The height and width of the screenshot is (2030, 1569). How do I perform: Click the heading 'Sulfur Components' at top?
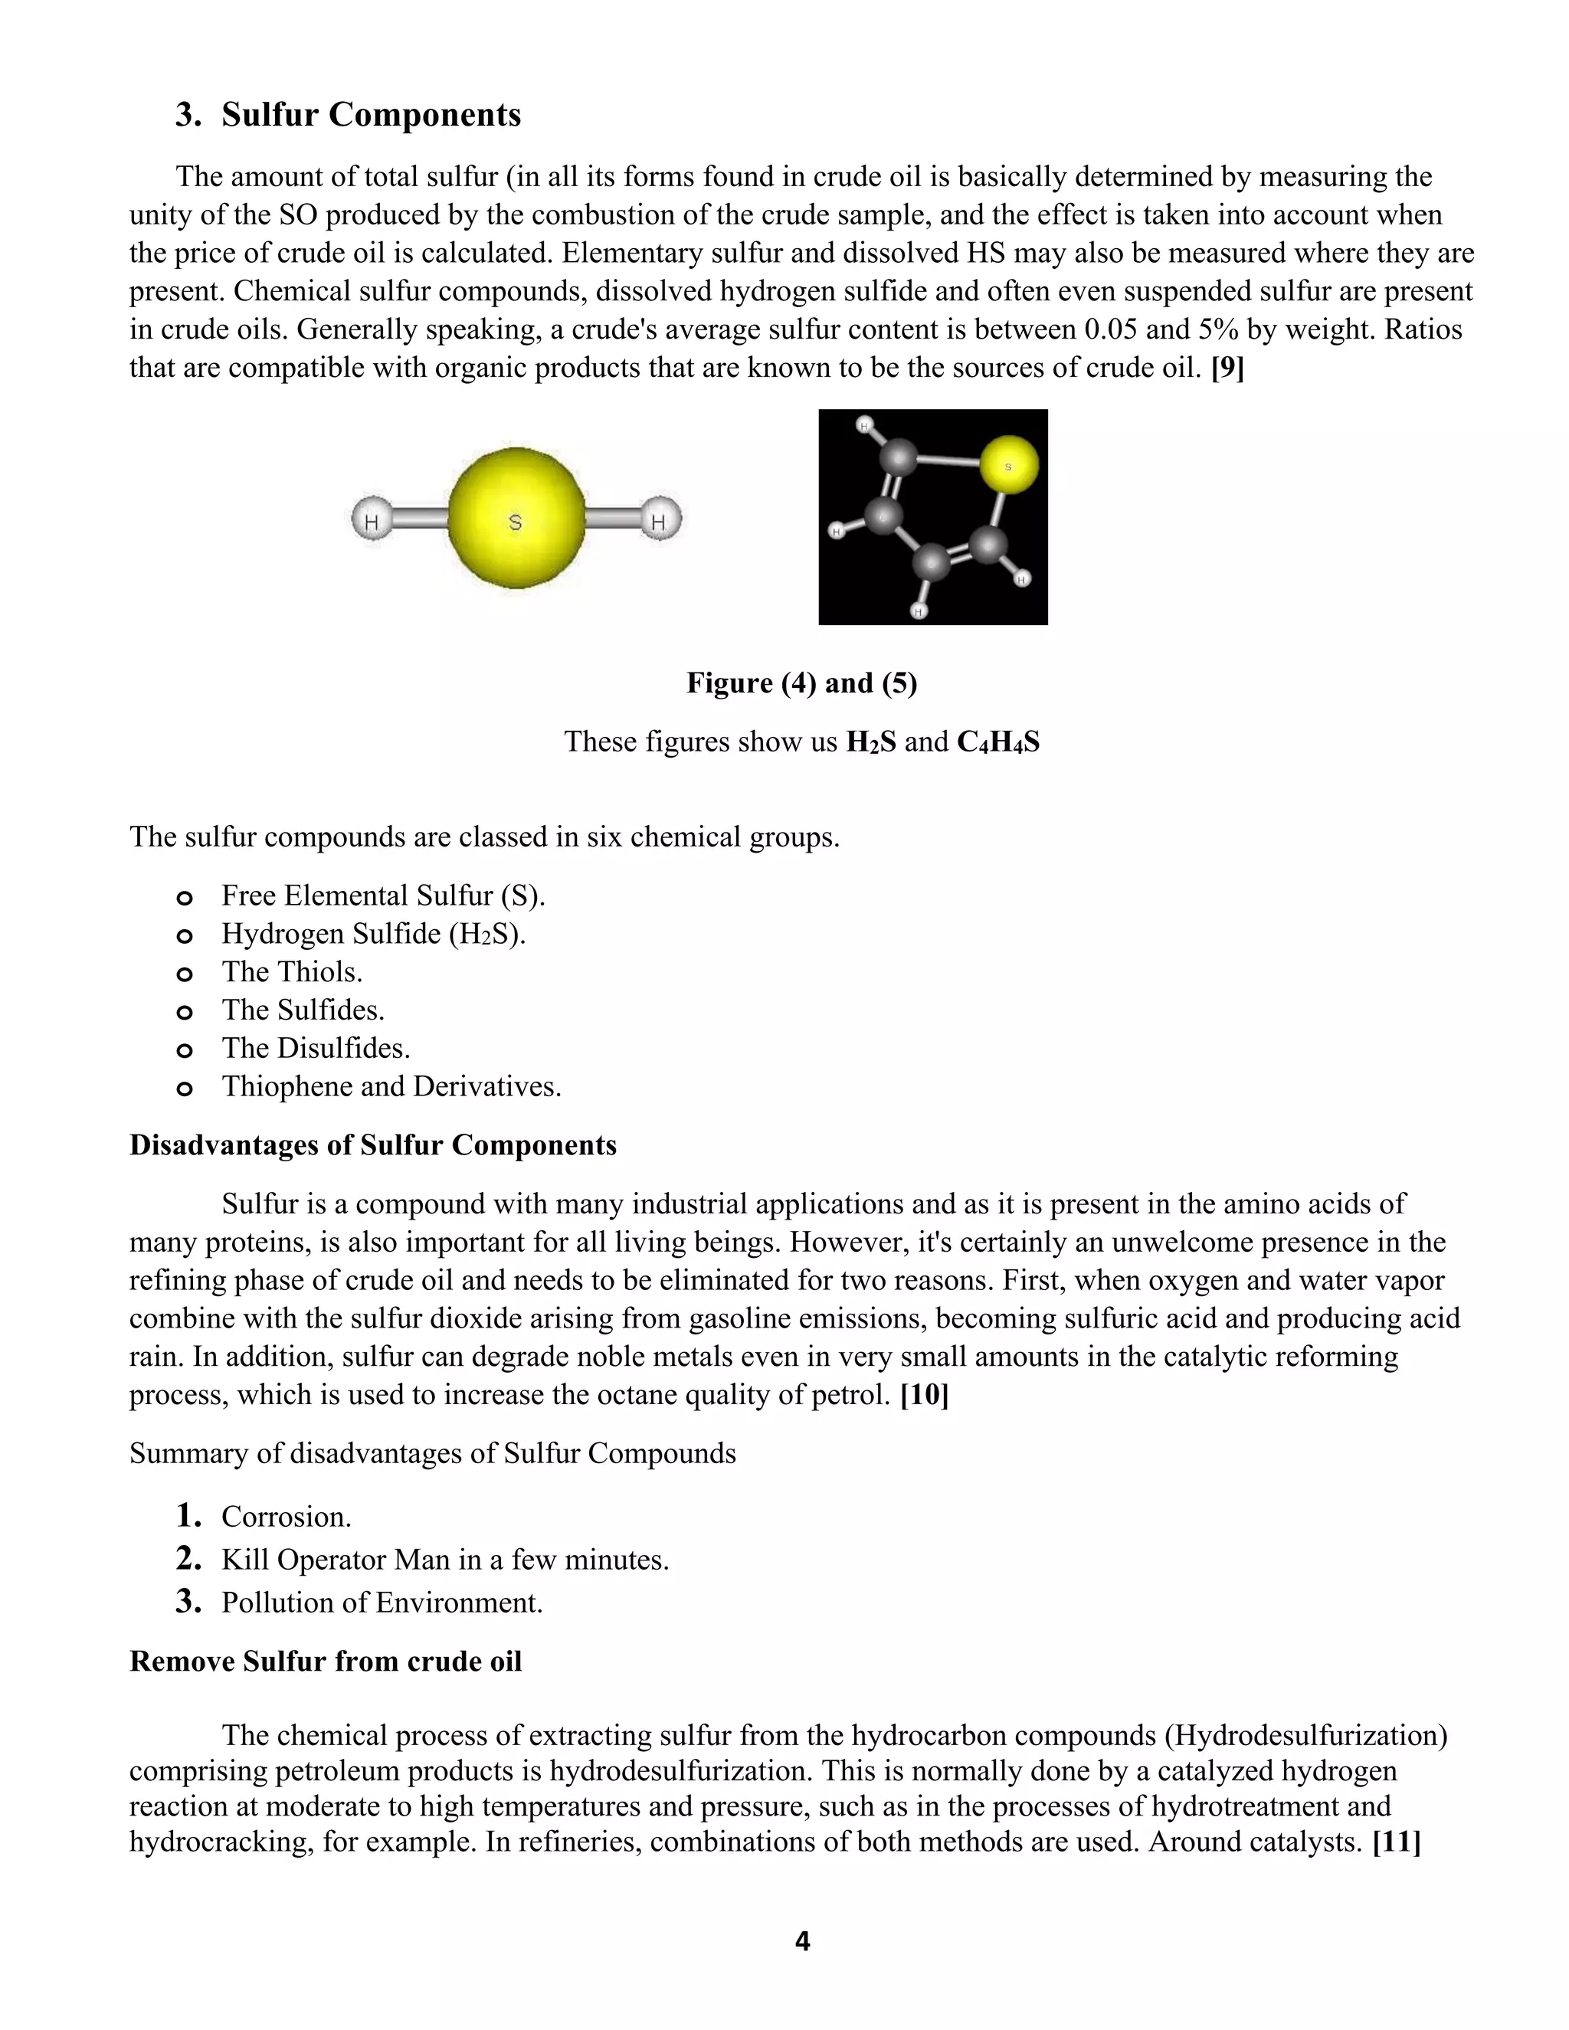tap(370, 114)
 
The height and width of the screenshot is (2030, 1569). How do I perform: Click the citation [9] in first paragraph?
tap(1227, 368)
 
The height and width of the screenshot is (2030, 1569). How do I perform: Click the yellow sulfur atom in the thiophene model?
tap(1008, 465)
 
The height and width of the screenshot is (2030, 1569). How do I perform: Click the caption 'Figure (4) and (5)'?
tap(801, 683)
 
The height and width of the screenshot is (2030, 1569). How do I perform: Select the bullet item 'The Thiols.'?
tap(292, 972)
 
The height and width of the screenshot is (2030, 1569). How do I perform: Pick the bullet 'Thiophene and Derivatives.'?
tap(391, 1086)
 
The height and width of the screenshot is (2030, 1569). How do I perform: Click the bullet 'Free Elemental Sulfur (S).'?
tap(383, 896)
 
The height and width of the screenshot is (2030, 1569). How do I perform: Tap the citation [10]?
tap(924, 1395)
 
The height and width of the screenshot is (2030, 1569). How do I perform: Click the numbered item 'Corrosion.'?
tap(287, 1517)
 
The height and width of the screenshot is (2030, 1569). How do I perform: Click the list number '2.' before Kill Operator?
tap(188, 1559)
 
